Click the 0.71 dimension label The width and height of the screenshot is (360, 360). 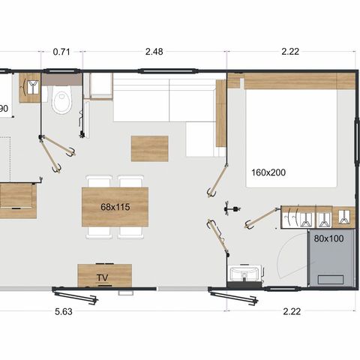pyautogui.click(x=61, y=52)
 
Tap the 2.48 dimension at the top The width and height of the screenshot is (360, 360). pyautogui.click(x=154, y=52)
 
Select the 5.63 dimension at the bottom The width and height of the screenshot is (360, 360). pyautogui.click(x=64, y=312)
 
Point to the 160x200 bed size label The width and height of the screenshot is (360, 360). pyautogui.click(x=268, y=172)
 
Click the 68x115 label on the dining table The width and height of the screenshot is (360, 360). pyautogui.click(x=115, y=207)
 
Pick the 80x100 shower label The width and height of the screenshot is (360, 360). pyautogui.click(x=328, y=238)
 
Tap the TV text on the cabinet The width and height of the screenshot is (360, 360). pyautogui.click(x=103, y=277)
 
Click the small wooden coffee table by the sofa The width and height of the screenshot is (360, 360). pyautogui.click(x=150, y=148)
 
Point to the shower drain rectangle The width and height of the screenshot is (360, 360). pyautogui.click(x=331, y=280)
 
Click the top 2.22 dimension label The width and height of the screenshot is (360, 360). pyautogui.click(x=290, y=52)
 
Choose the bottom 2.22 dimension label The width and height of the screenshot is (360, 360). pyautogui.click(x=292, y=312)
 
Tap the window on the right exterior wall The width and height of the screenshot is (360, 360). pyautogui.click(x=356, y=141)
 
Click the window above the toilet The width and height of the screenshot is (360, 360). pyautogui.click(x=60, y=70)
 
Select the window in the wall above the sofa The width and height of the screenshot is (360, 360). pyautogui.click(x=169, y=70)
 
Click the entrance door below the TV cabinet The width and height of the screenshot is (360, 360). pyautogui.click(x=75, y=295)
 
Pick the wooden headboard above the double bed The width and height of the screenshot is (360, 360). pyautogui.click(x=291, y=81)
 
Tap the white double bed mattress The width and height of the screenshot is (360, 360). pyautogui.click(x=292, y=139)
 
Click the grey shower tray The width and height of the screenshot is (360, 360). pyautogui.click(x=331, y=258)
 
